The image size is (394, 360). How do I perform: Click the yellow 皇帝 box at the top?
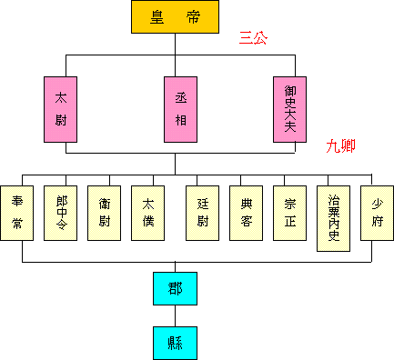(x=176, y=17)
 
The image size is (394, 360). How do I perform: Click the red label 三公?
(x=253, y=38)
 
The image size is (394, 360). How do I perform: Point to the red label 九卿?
(x=343, y=145)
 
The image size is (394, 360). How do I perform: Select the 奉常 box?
(x=17, y=213)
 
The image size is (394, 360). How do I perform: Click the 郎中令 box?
(x=60, y=213)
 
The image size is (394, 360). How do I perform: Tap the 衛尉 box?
(x=105, y=213)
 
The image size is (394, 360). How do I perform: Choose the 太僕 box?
(x=147, y=213)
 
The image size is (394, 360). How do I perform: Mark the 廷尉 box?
(x=202, y=213)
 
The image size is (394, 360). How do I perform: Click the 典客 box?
(x=246, y=213)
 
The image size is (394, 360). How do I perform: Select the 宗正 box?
(x=290, y=213)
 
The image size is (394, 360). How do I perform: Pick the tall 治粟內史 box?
(x=334, y=218)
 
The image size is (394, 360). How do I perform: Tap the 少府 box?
(x=378, y=213)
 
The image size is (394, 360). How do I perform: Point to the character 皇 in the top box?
(x=159, y=17)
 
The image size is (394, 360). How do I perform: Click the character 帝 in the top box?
(x=193, y=17)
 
